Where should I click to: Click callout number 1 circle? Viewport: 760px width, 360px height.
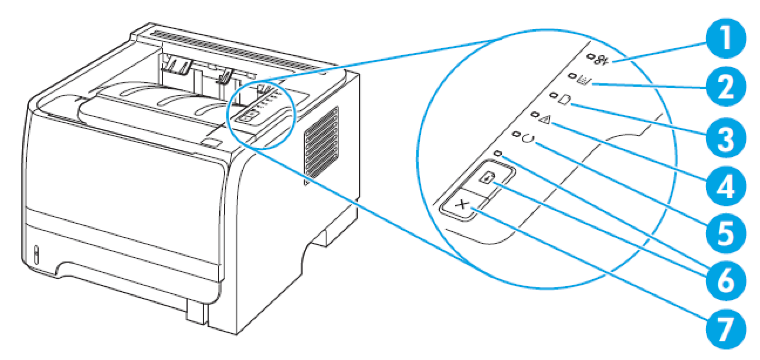(x=725, y=39)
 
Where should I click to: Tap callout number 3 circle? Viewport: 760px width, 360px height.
(x=725, y=138)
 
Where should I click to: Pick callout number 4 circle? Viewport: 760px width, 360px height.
(x=725, y=186)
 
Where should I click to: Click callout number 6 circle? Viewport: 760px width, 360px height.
(x=725, y=281)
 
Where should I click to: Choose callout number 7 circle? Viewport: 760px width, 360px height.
(x=725, y=329)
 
